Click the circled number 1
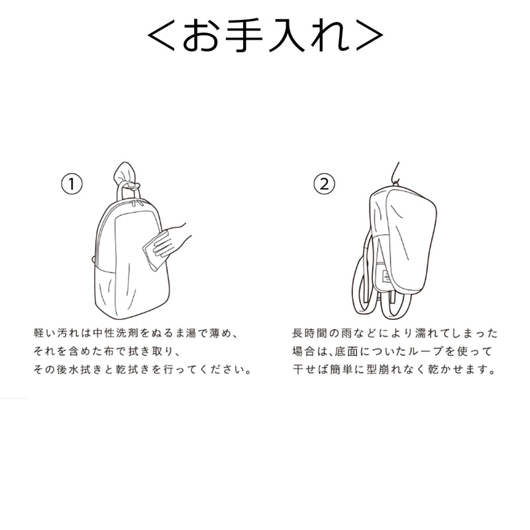tap(72, 184)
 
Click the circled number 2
tap(324, 184)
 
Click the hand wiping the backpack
tap(172, 239)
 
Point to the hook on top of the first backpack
tap(127, 175)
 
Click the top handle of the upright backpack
tap(129, 193)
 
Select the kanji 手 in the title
tap(244, 36)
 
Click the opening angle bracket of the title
tap(161, 36)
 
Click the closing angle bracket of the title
tap(370, 36)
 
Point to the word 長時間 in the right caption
tap(309, 333)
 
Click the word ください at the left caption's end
tap(220, 370)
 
